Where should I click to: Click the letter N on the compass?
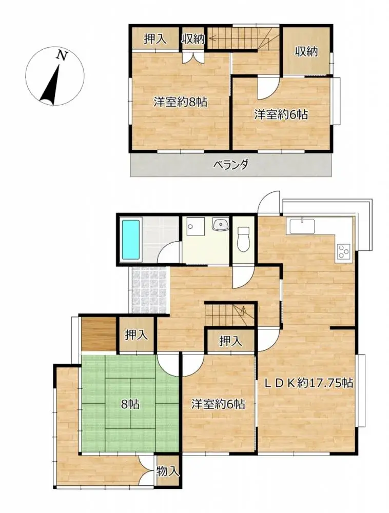pyautogui.click(x=62, y=55)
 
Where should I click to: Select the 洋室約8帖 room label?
pyautogui.click(x=180, y=102)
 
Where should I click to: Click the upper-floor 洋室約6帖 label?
pyautogui.click(x=280, y=115)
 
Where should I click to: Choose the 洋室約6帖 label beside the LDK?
pyautogui.click(x=217, y=404)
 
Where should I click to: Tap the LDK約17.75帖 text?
pyautogui.click(x=308, y=382)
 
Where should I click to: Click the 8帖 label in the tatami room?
pyautogui.click(x=130, y=404)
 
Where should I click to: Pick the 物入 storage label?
pyautogui.click(x=168, y=470)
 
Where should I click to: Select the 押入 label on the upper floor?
pyautogui.click(x=154, y=39)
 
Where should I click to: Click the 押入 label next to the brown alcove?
pyautogui.click(x=137, y=336)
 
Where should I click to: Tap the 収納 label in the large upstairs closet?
pyautogui.click(x=306, y=51)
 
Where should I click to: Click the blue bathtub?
pyautogui.click(x=131, y=240)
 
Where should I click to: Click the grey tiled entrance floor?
pyautogui.click(x=148, y=290)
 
